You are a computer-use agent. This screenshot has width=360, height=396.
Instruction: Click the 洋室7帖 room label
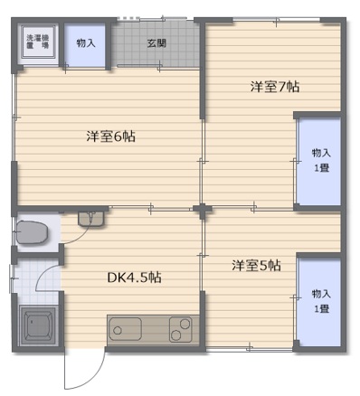tap(275, 88)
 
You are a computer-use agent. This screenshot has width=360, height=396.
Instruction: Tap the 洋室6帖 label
tap(110, 137)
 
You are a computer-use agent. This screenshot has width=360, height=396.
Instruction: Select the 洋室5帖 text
tap(256, 266)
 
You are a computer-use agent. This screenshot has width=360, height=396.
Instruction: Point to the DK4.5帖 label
tap(134, 278)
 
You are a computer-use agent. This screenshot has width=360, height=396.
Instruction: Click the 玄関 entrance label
tap(157, 42)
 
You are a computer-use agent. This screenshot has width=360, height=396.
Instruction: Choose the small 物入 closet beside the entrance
tap(86, 42)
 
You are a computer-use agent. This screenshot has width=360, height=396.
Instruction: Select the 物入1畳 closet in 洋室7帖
tap(320, 160)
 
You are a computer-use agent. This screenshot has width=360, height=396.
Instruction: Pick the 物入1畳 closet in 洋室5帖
tap(320, 302)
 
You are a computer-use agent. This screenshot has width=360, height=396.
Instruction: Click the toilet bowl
tap(33, 232)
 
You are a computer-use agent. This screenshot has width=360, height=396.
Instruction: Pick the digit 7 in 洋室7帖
tap(283, 88)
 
